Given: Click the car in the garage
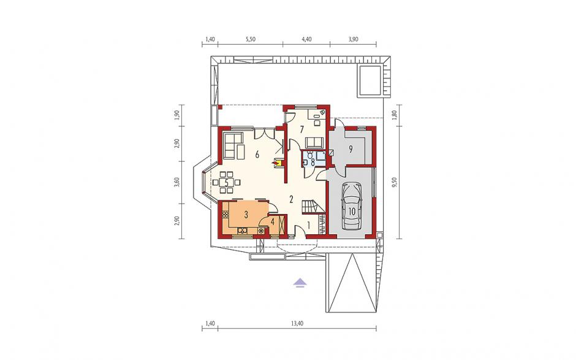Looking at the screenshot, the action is pos(351,207).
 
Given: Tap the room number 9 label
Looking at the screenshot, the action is pos(351,149).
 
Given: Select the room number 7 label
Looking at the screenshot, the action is pos(301,129).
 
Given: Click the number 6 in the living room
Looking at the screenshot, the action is pos(257,155).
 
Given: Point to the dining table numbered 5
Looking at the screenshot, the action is pos(227,182).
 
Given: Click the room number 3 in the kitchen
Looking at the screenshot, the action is pos(246,215).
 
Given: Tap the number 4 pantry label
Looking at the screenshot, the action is pos(272,222).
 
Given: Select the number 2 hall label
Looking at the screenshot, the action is pos(291,200).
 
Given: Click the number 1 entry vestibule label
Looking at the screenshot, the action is pos(309,224).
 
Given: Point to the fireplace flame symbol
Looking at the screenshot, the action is pos(274,161).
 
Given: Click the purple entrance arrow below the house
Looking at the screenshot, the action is pos(300,282).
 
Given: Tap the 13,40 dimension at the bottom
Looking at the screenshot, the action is pos(297,324).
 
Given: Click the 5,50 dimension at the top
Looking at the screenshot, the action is pos(250,40).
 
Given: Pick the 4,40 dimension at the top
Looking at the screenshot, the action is pos(306,40).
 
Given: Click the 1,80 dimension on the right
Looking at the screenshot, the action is pos(395,115).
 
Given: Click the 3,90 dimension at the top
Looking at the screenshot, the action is pos(353,40).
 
